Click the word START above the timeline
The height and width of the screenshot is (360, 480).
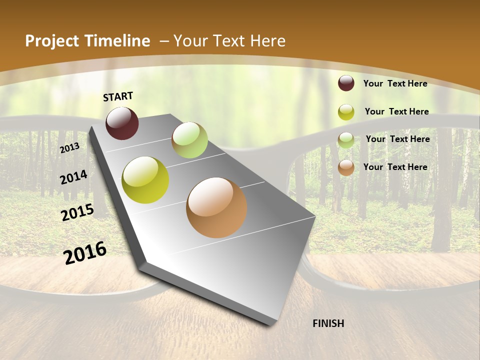[118, 96]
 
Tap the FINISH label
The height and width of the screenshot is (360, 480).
[328, 323]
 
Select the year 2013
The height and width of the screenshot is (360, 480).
[69, 147]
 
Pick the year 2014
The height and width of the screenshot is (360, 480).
[73, 177]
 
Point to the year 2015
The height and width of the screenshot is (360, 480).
[77, 212]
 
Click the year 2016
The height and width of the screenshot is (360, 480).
[85, 253]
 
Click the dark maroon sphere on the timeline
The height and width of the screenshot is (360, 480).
[122, 123]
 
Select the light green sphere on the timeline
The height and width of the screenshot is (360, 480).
[189, 140]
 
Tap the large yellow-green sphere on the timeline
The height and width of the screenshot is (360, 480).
[145, 180]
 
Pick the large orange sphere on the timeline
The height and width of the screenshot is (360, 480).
[216, 207]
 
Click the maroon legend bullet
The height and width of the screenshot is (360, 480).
[346, 83]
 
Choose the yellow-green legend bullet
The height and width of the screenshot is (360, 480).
[346, 112]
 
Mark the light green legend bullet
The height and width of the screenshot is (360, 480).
[346, 140]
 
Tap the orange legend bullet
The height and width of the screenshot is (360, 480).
[346, 167]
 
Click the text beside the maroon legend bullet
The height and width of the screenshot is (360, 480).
[395, 83]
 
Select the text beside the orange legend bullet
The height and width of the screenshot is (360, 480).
[395, 167]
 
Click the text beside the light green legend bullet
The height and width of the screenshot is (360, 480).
[397, 139]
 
